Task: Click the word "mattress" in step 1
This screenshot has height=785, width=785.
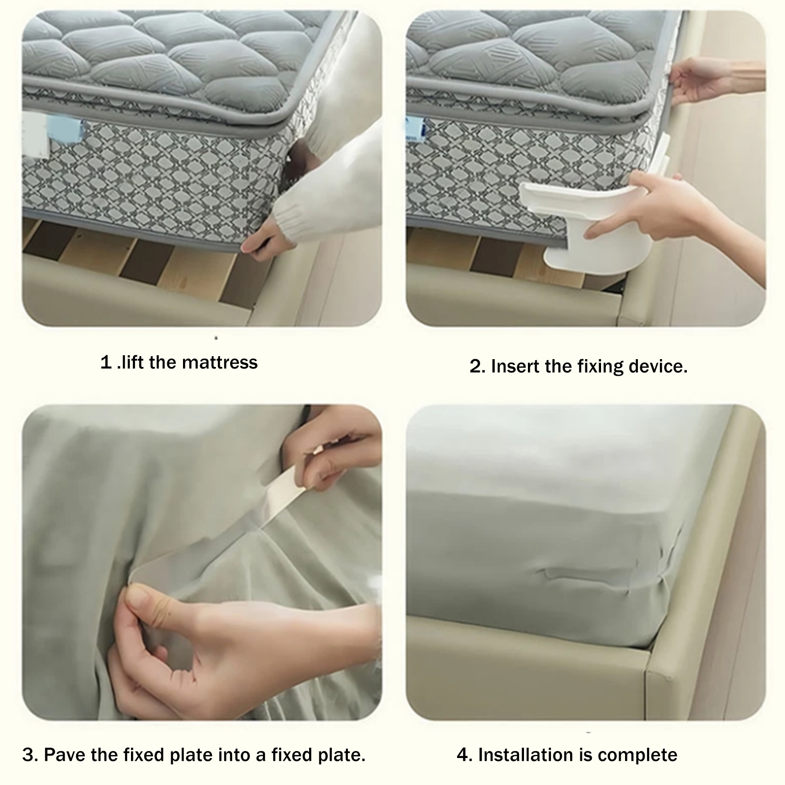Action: (x=219, y=363)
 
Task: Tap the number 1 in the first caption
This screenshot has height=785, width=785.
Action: (x=106, y=363)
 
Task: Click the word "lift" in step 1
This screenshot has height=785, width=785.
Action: (x=132, y=363)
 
